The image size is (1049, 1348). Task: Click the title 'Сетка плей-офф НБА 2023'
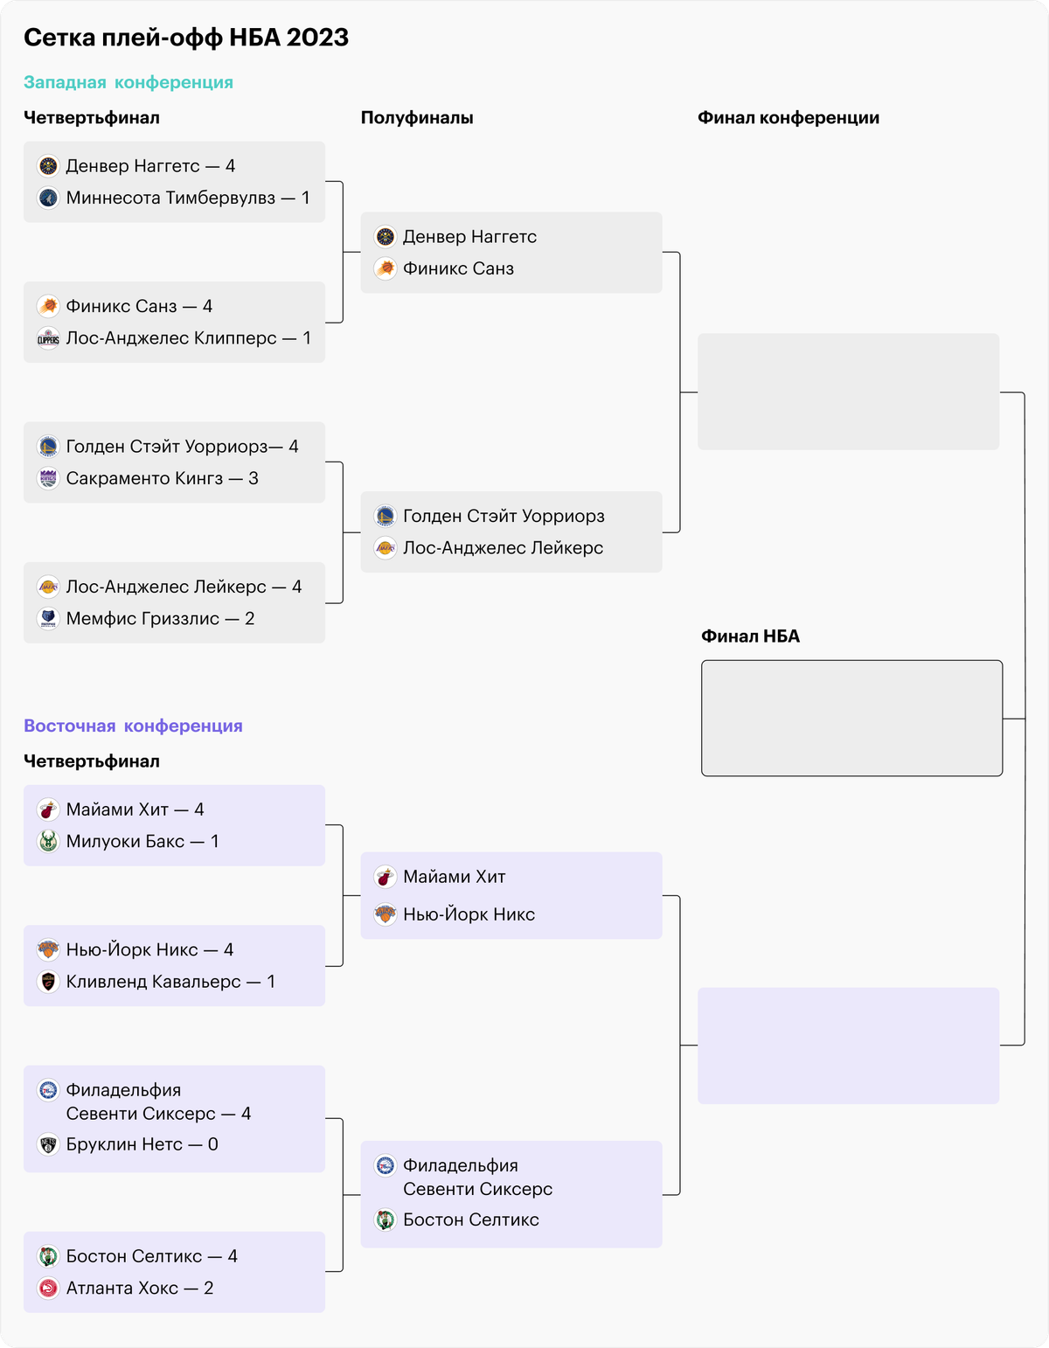(x=186, y=38)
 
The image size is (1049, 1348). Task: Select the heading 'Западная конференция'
(x=129, y=82)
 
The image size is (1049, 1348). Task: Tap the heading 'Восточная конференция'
(x=133, y=726)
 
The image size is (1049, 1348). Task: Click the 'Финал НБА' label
(x=750, y=636)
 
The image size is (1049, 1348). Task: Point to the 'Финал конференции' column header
(x=788, y=118)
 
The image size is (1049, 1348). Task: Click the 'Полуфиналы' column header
(x=417, y=118)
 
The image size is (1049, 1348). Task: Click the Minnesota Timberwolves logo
(x=48, y=198)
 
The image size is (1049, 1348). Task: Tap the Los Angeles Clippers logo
(x=48, y=338)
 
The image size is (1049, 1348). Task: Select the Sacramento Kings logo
(x=48, y=478)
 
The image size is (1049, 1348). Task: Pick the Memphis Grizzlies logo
(x=48, y=618)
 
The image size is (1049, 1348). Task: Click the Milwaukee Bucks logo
(x=48, y=841)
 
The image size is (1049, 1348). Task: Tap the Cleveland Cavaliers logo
(x=48, y=982)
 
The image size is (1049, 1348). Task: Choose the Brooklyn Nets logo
(x=48, y=1144)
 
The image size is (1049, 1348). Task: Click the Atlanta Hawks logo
(x=48, y=1288)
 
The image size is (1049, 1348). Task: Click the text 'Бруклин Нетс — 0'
(x=142, y=1144)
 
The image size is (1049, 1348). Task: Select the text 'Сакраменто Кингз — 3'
(x=162, y=478)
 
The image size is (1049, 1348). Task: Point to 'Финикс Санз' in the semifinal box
(x=458, y=268)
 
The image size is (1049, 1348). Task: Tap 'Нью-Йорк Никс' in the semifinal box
(x=469, y=914)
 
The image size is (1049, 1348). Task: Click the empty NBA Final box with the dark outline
(x=851, y=718)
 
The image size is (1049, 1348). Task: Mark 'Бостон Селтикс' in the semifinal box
(x=471, y=1219)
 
